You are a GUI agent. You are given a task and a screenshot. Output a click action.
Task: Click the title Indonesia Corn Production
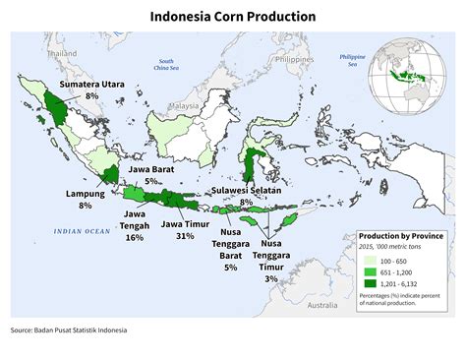click(233, 17)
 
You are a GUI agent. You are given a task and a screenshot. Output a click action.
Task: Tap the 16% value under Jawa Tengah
click(135, 237)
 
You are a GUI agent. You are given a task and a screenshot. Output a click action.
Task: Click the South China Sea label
click(164, 64)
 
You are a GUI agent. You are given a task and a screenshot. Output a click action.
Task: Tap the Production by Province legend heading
click(400, 237)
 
